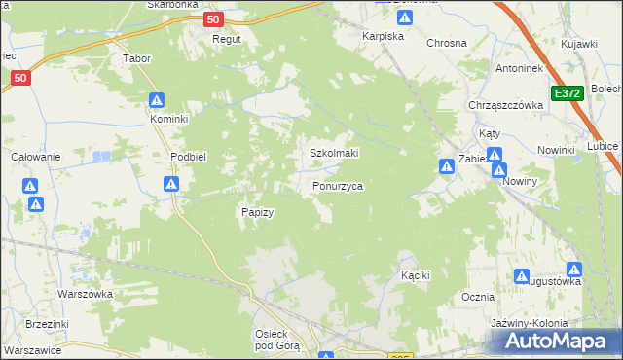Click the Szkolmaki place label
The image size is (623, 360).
coord(334,153)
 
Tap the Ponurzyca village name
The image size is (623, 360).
coord(338,185)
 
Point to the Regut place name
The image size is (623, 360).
coord(227,40)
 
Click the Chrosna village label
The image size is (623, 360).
coord(447,44)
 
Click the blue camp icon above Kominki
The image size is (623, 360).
coord(157,100)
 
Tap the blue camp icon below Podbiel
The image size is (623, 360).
coord(171,184)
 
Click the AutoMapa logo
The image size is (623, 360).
coord(558,342)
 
